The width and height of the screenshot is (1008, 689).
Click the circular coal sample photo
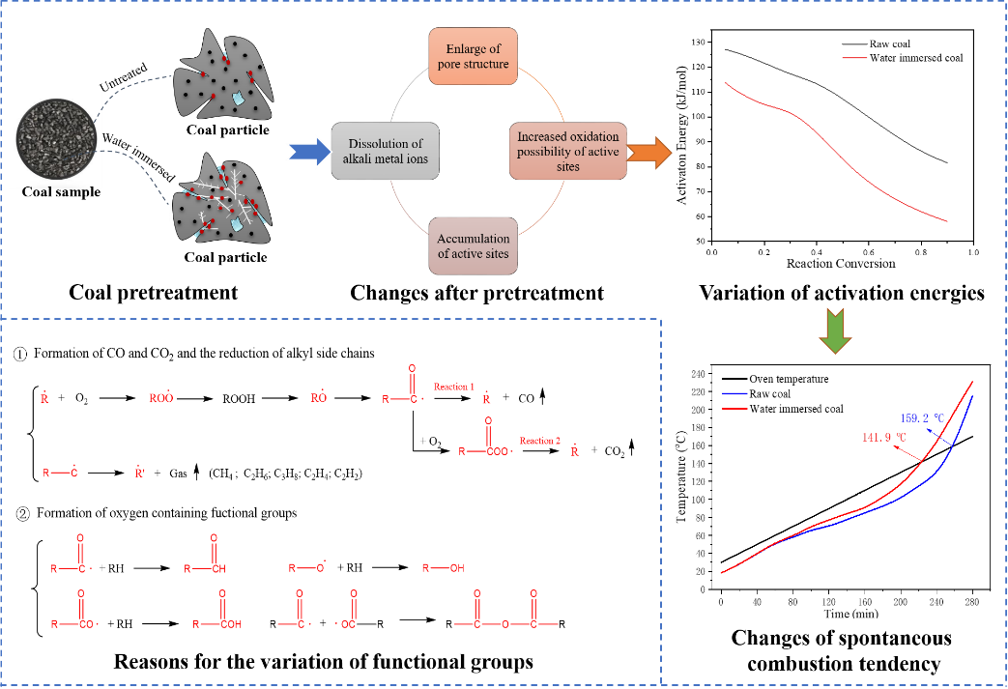coord(56,136)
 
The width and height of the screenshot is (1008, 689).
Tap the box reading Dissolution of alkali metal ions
coord(385,152)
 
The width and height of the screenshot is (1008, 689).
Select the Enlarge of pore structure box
coord(473,56)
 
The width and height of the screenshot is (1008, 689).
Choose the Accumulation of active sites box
coord(473,245)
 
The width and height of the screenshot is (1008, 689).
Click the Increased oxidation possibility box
coord(568,152)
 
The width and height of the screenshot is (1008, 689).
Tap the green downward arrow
coord(834,330)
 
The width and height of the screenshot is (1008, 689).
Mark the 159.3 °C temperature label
coord(921,418)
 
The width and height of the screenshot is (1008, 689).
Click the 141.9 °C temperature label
coord(884,437)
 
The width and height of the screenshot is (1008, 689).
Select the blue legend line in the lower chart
coord(734,394)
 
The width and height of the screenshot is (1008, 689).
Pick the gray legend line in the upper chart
coord(854,44)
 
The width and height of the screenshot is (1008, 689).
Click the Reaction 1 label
coord(454,387)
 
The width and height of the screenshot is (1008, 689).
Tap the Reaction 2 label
coord(539,441)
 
